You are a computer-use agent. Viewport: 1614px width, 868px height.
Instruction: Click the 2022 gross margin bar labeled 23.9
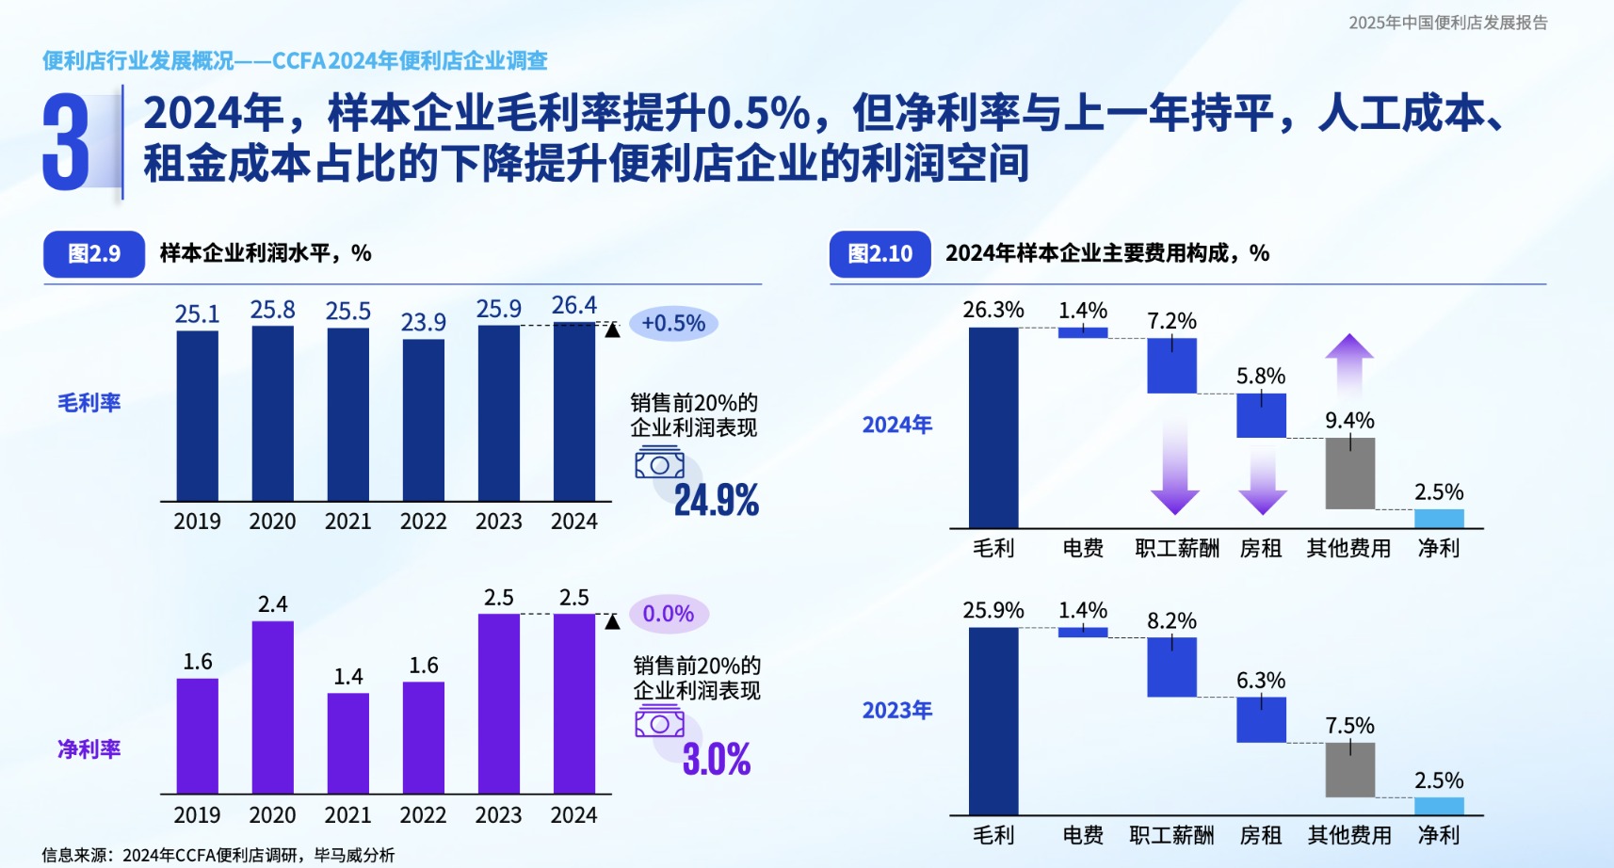pos(423,420)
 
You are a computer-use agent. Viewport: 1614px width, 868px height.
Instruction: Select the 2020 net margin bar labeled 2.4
pos(272,707)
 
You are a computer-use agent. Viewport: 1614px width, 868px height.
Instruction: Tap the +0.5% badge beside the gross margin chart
pos(673,324)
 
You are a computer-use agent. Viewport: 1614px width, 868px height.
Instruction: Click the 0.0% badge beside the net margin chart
pos(669,614)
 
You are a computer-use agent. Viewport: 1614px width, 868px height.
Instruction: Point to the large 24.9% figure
pos(716,500)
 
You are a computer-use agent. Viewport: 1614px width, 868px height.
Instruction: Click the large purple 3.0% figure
pos(716,759)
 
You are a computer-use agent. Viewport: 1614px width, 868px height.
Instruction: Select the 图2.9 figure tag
pos(94,254)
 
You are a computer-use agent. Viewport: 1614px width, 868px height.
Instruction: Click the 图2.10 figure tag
pos(880,254)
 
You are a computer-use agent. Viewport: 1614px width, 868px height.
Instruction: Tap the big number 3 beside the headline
pos(66,143)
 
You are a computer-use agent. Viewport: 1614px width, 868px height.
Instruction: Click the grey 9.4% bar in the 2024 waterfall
pos(1349,473)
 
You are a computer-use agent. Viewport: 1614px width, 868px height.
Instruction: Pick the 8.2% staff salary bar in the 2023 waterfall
pos(1171,667)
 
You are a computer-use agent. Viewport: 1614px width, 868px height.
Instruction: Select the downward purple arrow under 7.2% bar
pos(1174,466)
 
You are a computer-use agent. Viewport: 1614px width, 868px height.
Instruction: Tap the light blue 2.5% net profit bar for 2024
pos(1439,518)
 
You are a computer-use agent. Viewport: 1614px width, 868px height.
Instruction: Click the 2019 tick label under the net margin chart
pos(197,815)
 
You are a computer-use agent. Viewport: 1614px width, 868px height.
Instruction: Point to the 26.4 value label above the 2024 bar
pos(573,306)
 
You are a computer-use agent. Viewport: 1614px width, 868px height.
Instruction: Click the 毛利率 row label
pos(89,403)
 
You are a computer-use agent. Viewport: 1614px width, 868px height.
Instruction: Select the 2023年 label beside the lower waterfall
pos(896,711)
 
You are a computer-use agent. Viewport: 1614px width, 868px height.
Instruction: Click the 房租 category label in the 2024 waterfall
pos(1260,549)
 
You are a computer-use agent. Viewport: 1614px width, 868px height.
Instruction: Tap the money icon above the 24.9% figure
pos(659,462)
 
